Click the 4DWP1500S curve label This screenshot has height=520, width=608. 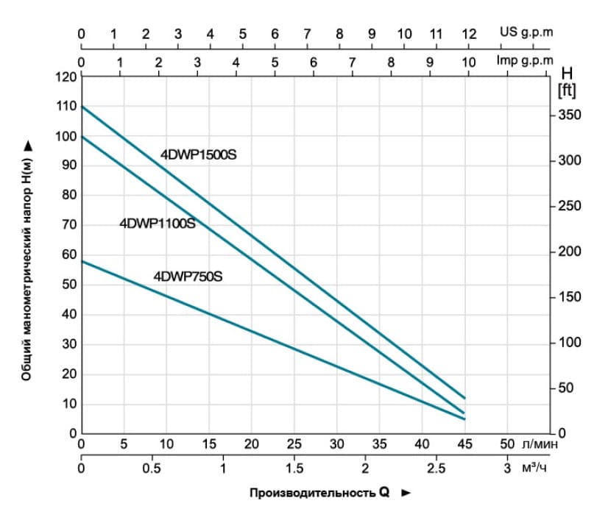tap(199, 154)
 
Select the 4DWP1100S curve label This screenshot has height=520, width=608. tap(158, 223)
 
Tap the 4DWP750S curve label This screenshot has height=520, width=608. tap(188, 277)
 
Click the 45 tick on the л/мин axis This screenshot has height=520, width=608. tap(464, 444)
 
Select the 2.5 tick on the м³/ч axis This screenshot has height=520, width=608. tap(436, 469)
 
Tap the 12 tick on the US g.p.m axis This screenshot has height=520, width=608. tap(469, 33)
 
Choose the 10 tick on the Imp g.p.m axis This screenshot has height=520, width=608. tap(469, 63)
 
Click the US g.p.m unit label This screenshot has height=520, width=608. tap(526, 32)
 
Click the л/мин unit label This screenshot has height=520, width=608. tap(539, 444)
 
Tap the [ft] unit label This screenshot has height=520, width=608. tap(567, 90)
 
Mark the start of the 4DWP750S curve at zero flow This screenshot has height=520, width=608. tap(81, 261)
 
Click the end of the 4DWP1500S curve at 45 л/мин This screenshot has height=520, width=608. tap(464, 398)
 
